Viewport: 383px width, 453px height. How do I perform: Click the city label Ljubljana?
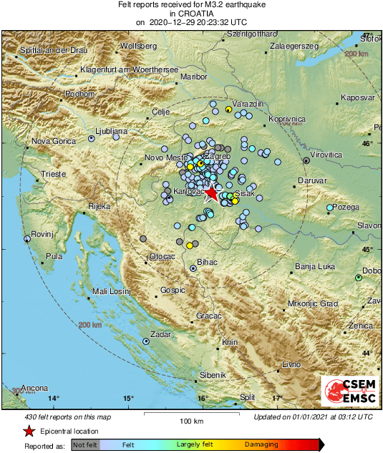pyautogui.click(x=111, y=132)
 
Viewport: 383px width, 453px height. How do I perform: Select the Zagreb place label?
pyautogui.click(x=217, y=155)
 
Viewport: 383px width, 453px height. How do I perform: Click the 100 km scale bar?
pyautogui.click(x=191, y=414)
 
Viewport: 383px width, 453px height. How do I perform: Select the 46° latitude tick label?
pyautogui.click(x=367, y=144)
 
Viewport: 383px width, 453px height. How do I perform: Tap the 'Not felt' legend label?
pyautogui.click(x=85, y=444)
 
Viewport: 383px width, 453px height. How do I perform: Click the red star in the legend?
pyautogui.click(x=28, y=431)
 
